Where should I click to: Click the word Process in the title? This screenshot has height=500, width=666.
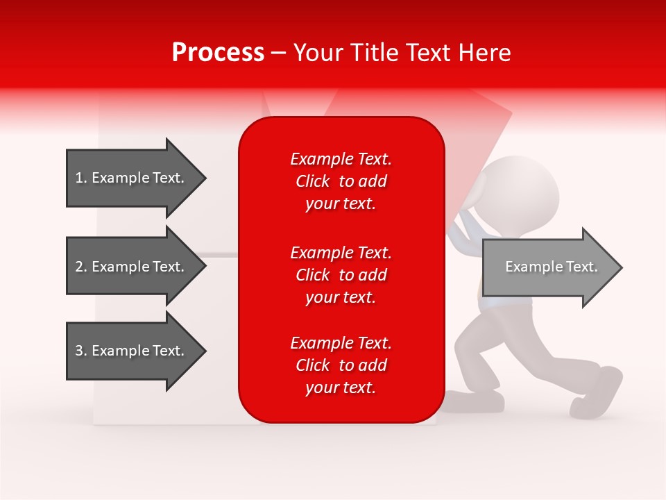point(218,53)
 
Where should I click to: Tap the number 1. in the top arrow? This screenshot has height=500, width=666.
point(81,178)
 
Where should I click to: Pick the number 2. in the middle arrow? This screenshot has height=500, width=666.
point(81,267)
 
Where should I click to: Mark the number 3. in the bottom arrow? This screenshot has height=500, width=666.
point(81,351)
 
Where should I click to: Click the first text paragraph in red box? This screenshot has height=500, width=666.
point(341,181)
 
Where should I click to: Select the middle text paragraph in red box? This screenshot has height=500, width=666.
point(341,275)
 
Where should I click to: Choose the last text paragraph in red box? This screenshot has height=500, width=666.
point(341,365)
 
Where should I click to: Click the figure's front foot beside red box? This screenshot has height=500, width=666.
point(479,401)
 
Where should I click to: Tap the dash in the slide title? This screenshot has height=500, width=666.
point(278,53)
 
